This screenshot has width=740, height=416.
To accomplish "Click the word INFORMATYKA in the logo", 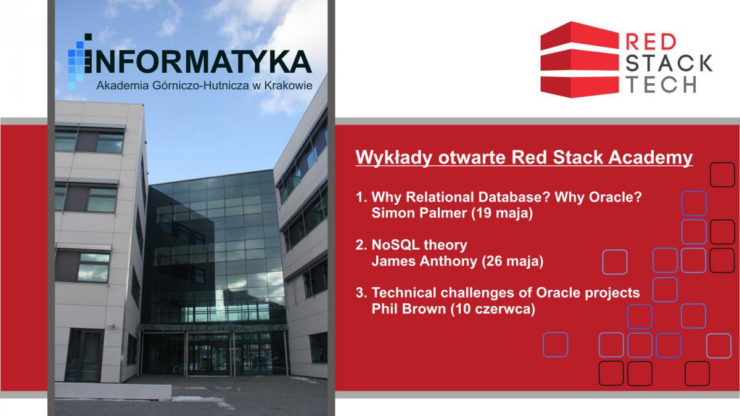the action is point(198,62).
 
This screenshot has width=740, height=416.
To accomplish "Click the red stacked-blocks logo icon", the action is point(580,60).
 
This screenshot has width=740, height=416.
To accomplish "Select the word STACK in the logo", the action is point(669,63).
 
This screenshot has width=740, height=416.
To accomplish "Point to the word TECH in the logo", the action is point(660,84).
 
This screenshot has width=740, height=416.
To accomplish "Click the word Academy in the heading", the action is point(650,158).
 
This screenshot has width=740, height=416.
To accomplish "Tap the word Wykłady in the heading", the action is point(394,158).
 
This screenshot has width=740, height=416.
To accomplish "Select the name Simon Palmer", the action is point(419,213).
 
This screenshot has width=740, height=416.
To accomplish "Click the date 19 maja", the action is point(502,213).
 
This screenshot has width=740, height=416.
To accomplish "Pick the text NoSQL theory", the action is point(419,245).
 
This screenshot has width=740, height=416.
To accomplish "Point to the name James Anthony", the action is point(424,261).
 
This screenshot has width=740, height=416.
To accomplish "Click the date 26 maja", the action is point(512,261).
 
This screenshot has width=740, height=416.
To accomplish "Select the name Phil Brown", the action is point(409,309).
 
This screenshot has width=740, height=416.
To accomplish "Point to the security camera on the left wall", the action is point(112,326).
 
